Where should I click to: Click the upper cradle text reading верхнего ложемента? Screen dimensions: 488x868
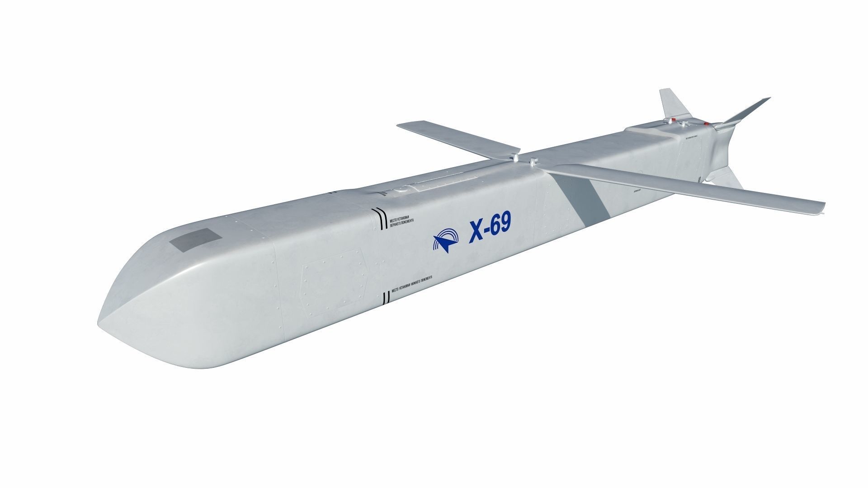tap(402, 218)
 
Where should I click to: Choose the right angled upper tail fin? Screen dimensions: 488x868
tap(746, 110)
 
